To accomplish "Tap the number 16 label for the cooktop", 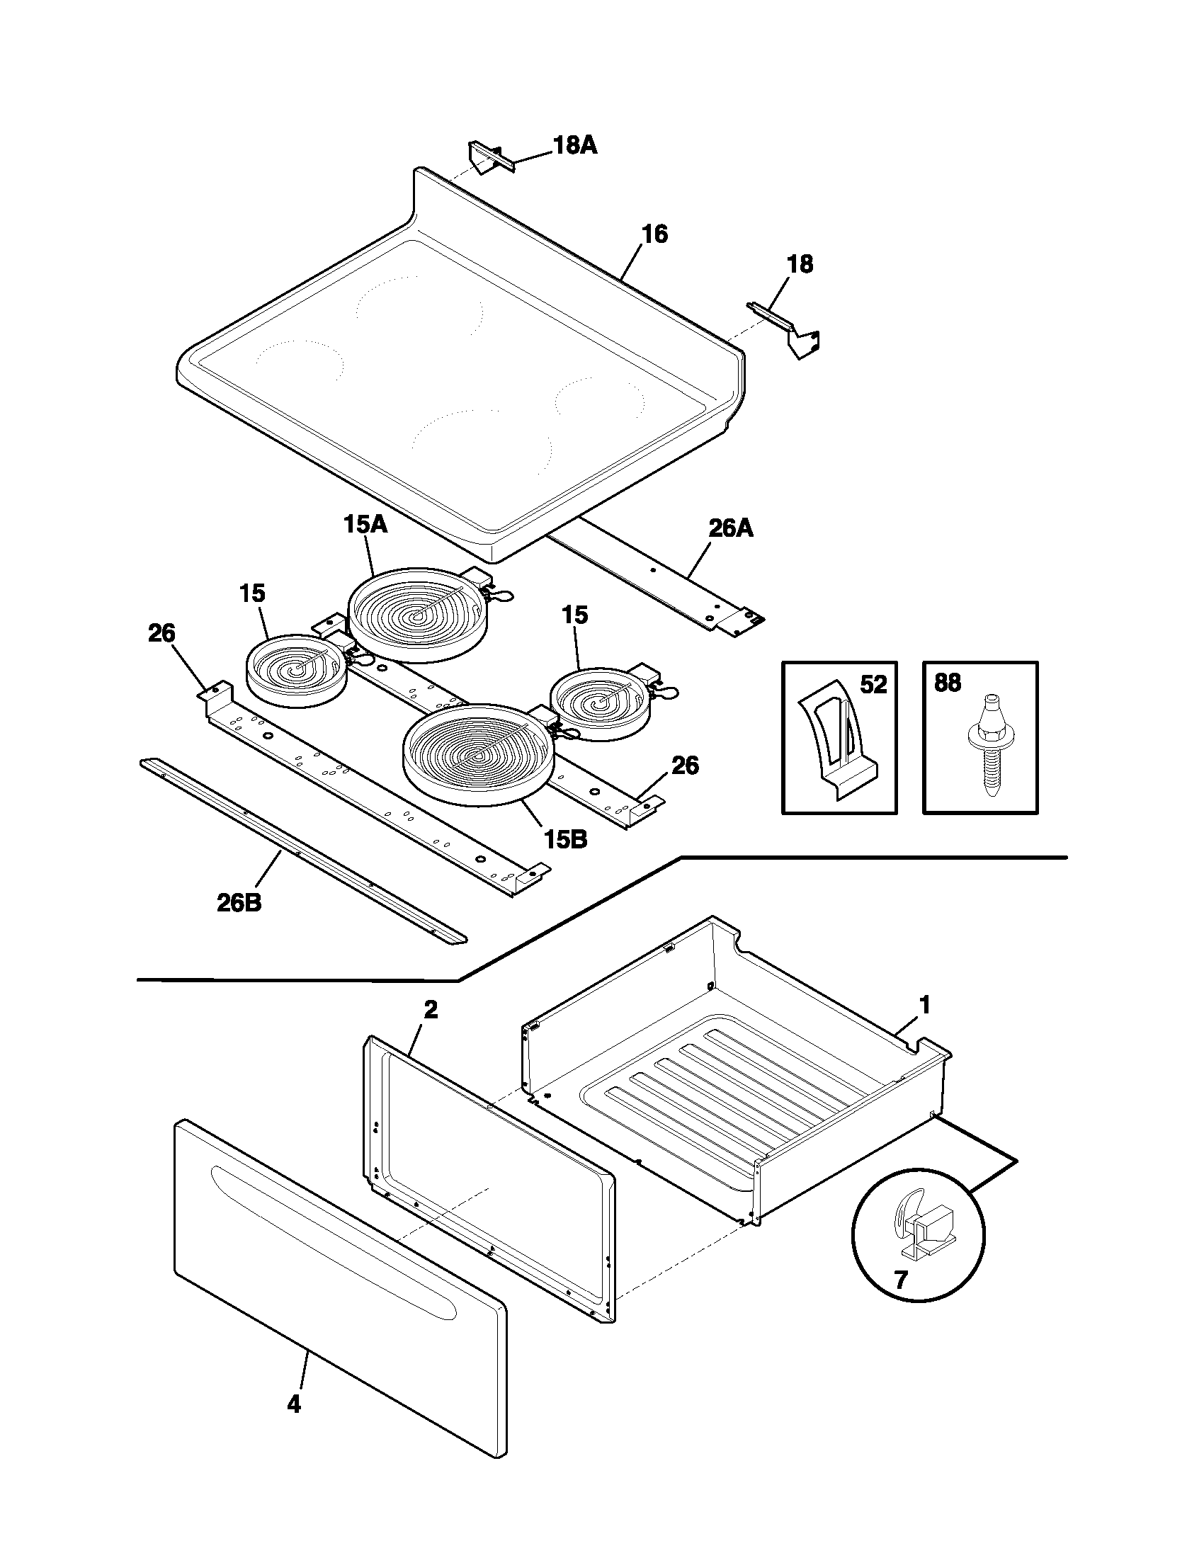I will [654, 234].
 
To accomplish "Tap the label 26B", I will [239, 903].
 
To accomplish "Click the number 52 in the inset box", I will [873, 686].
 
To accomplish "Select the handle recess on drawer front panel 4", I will [331, 1247].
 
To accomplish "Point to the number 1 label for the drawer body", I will [924, 1006].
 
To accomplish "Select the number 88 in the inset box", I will [947, 683].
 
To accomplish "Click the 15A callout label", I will [365, 524].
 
